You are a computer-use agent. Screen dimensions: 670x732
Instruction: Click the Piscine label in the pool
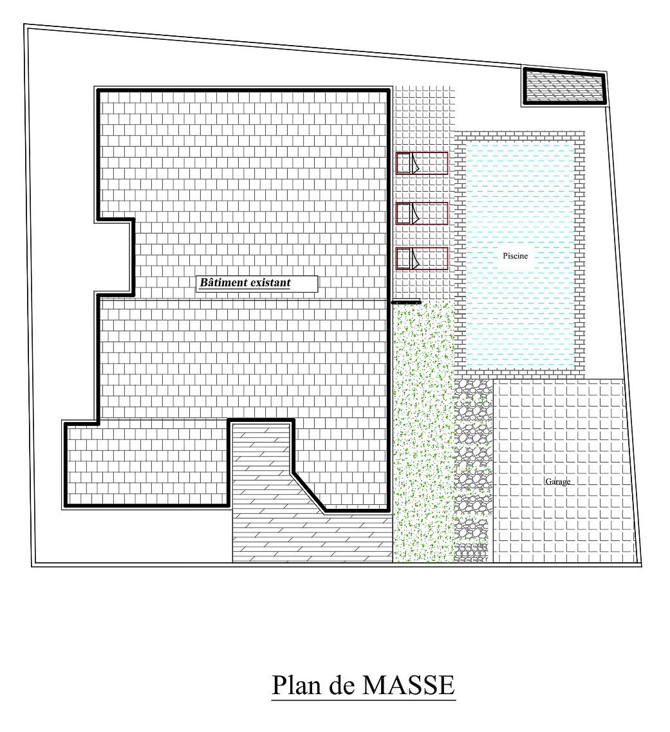(515, 256)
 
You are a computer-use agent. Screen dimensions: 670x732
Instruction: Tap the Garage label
(557, 481)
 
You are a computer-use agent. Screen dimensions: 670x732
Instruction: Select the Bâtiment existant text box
(257, 284)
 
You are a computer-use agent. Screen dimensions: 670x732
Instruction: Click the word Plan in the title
(296, 685)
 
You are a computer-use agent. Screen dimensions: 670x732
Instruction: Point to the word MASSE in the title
(409, 685)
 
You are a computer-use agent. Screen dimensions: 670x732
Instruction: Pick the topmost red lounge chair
(422, 163)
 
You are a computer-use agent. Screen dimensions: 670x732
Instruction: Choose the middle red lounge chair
(422, 214)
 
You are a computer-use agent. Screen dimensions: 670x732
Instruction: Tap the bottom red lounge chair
(422, 259)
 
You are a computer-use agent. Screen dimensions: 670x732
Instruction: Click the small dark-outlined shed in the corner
(564, 86)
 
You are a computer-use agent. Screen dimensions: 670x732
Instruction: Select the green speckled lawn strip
(423, 432)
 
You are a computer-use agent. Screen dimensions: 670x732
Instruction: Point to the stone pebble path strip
(473, 471)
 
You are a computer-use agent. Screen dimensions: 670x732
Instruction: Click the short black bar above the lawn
(406, 302)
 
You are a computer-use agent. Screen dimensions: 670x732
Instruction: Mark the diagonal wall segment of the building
(308, 492)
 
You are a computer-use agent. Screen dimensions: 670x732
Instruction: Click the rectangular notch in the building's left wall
(114, 257)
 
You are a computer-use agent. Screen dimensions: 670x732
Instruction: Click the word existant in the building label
(270, 283)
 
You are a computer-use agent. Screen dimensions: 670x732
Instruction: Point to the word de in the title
(342, 685)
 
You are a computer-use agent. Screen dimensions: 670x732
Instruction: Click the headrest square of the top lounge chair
(403, 163)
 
